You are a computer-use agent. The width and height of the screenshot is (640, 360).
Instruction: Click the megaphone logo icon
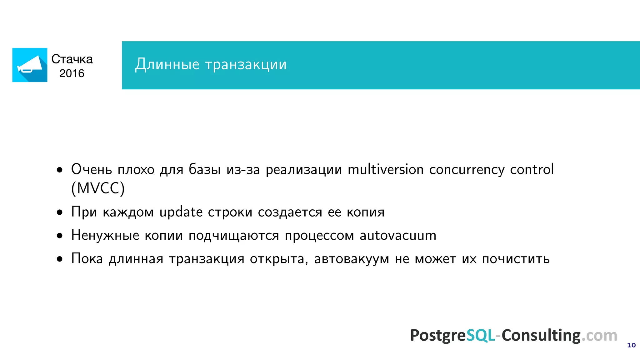point(30,65)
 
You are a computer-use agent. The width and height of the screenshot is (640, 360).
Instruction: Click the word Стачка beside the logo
point(72,59)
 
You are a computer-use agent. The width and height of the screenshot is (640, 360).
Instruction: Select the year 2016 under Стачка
point(72,73)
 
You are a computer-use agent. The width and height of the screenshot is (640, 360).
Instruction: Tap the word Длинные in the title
point(167,64)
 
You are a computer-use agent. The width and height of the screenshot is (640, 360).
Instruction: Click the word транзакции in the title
point(246,64)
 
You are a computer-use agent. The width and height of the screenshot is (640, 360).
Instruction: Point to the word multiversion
point(386,169)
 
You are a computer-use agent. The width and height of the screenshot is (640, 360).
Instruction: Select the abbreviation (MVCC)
point(98,188)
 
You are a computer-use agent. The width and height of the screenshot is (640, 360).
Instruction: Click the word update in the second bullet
point(181,212)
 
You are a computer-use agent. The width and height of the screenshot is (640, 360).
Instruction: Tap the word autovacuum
point(398,235)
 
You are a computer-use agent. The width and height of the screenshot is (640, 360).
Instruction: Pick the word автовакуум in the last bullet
point(352,259)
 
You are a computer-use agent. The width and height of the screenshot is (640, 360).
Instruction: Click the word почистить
point(516,259)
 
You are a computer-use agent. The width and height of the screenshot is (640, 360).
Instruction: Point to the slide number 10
point(631,345)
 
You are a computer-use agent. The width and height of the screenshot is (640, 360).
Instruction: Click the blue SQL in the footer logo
point(481,335)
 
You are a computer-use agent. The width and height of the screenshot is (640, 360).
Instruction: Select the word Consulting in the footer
point(541,335)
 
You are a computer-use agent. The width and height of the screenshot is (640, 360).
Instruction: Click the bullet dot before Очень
point(60,170)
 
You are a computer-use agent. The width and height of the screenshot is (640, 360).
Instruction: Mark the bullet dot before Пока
point(60,259)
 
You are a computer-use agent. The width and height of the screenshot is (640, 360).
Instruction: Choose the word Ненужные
point(105,235)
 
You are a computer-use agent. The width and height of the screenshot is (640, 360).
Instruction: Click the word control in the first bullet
point(532,169)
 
